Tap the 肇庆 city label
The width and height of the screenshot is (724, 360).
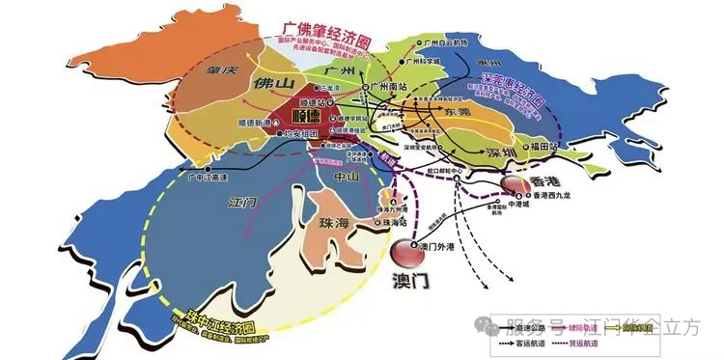tap(209, 71)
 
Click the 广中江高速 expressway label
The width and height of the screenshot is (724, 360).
tap(206, 178)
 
